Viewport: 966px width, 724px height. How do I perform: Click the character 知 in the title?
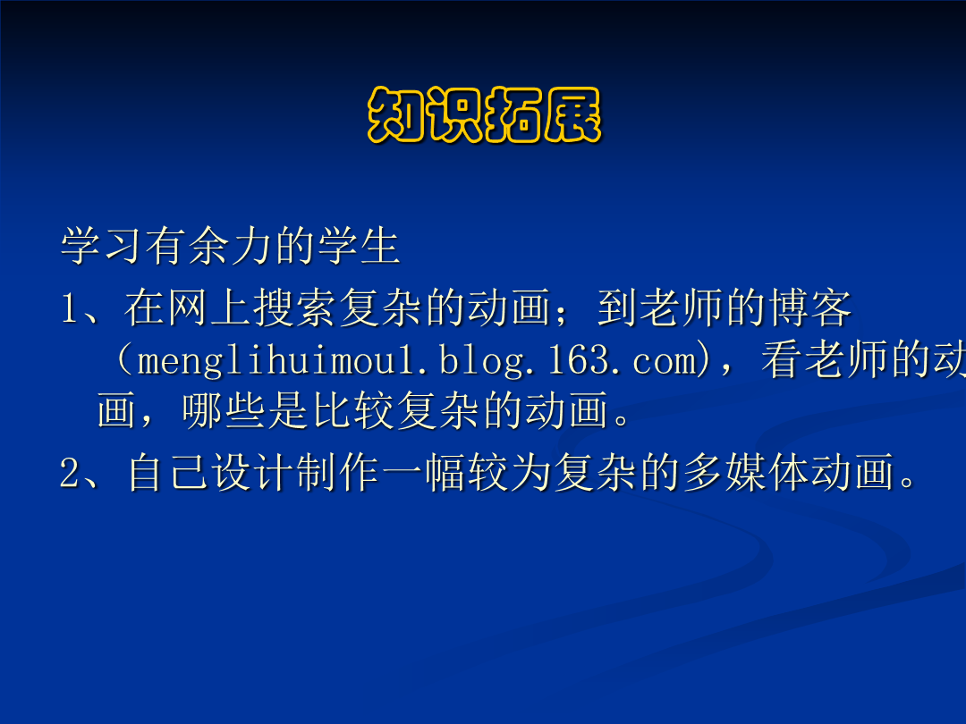pyautogui.click(x=397, y=114)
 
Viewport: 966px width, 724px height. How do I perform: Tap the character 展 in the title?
pyautogui.click(x=572, y=114)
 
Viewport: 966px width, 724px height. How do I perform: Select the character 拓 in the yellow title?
pyautogui.click(x=513, y=114)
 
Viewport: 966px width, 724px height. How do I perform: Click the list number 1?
pyautogui.click(x=68, y=307)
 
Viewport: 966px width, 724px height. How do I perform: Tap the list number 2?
pyautogui.click(x=70, y=473)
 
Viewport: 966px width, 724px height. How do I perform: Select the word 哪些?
pyautogui.click(x=224, y=410)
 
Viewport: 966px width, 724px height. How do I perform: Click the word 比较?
pyautogui.click(x=353, y=410)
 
